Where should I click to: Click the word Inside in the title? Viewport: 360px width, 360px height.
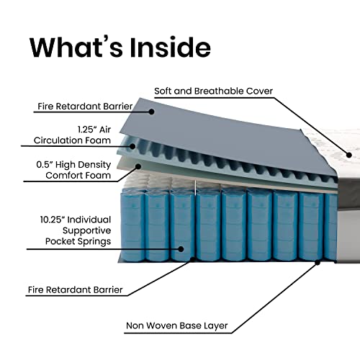click(x=170, y=47)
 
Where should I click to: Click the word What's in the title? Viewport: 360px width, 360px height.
click(x=76, y=47)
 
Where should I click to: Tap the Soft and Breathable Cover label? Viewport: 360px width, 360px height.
click(x=213, y=91)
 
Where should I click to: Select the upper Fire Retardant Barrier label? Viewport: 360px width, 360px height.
click(x=85, y=107)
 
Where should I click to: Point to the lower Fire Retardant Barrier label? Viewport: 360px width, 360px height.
click(x=76, y=289)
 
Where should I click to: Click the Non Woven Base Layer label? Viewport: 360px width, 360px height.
click(x=177, y=325)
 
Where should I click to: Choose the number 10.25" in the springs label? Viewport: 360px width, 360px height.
click(x=53, y=220)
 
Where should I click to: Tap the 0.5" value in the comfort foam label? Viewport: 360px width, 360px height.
click(x=45, y=165)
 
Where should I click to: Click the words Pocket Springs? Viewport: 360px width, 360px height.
click(x=78, y=241)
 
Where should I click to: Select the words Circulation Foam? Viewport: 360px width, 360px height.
click(x=72, y=140)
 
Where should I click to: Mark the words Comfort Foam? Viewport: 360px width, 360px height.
click(x=78, y=176)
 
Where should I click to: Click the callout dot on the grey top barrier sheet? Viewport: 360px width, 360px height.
click(x=151, y=112)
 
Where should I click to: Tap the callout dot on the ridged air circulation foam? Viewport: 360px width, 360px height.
click(x=132, y=146)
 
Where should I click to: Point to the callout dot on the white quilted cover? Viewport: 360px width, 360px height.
click(x=349, y=155)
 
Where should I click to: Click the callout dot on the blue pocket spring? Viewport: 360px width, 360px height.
click(x=181, y=249)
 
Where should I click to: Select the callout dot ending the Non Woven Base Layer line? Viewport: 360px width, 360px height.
click(x=318, y=263)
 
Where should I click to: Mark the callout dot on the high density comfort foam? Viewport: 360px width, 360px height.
click(x=138, y=166)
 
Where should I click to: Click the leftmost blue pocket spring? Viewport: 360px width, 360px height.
click(x=132, y=225)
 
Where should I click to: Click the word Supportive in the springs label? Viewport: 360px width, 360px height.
click(x=86, y=230)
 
